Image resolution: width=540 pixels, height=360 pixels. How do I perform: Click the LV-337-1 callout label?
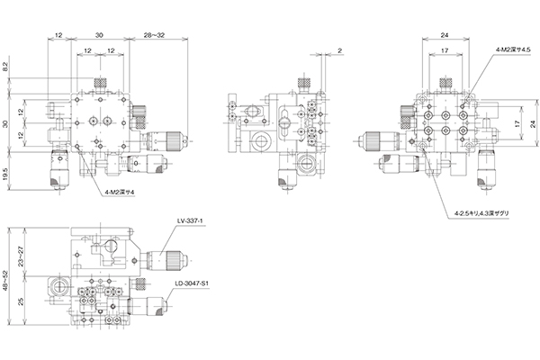point(189,220)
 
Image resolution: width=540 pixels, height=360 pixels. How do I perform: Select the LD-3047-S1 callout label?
point(193,283)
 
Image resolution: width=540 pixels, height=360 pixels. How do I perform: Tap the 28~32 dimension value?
point(154,35)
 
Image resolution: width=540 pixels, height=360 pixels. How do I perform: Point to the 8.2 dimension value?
point(5,67)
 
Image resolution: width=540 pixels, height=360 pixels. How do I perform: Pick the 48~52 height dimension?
point(5,275)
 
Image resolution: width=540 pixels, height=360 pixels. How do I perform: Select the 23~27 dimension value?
point(21,256)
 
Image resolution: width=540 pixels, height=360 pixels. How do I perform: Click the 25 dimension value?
point(21,301)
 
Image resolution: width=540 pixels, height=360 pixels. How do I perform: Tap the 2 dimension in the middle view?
point(340,50)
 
